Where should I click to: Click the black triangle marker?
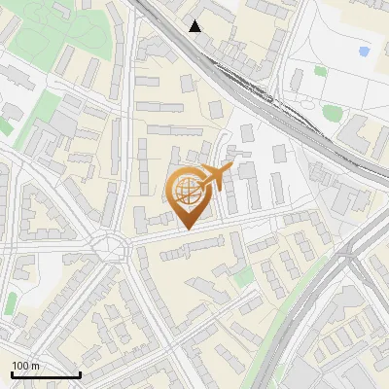(195, 25)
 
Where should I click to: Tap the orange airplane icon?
(216, 176)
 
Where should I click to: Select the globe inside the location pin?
(187, 191)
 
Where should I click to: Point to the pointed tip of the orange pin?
(187, 230)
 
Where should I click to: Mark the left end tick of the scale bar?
(13, 373)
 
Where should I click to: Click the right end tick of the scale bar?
(80, 373)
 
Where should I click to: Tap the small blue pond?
(364, 51)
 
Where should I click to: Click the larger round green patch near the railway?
(332, 114)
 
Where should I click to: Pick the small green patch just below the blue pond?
(321, 70)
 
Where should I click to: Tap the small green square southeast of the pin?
(243, 278)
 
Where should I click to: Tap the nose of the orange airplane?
(231, 168)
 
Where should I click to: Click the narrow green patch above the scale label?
(10, 303)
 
